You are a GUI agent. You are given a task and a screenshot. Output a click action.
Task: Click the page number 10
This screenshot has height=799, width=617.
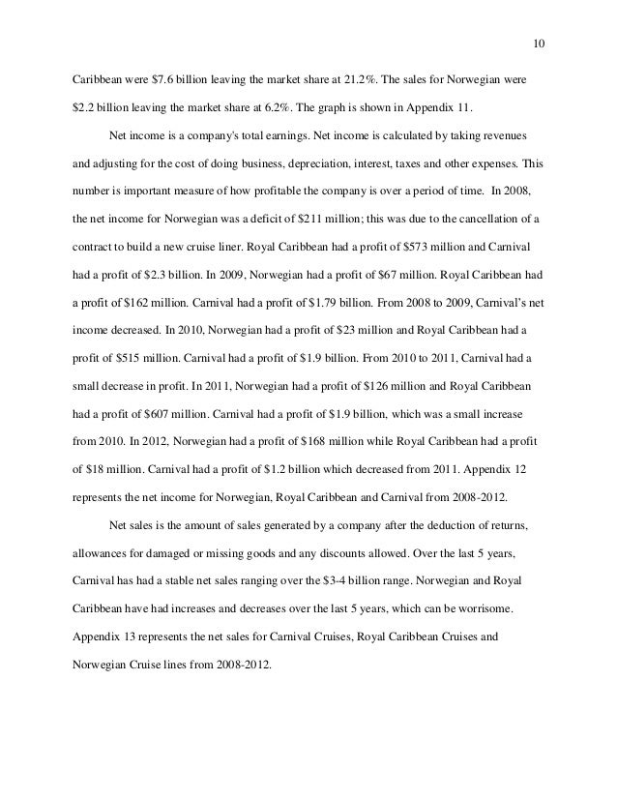(x=540, y=44)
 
